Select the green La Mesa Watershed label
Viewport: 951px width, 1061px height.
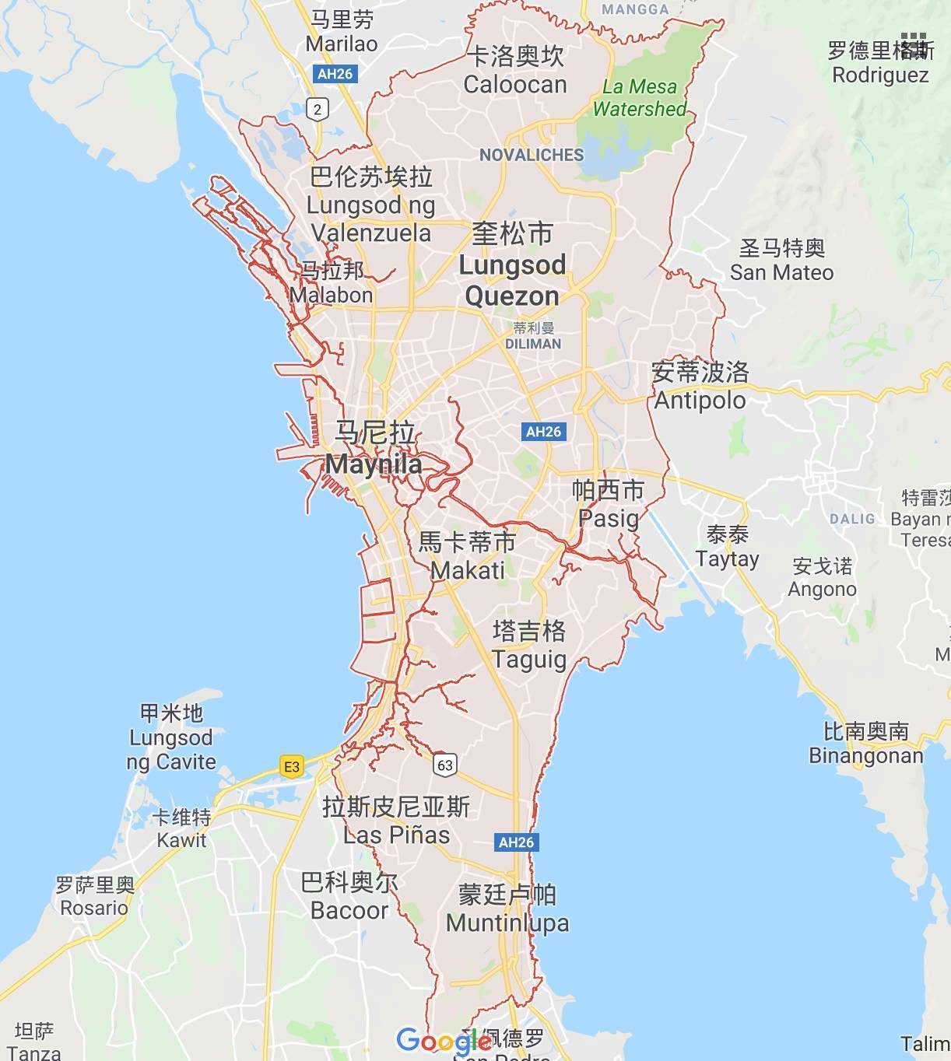click(x=639, y=97)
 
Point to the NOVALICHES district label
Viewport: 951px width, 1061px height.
click(x=532, y=155)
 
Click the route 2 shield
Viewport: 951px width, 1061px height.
click(x=317, y=109)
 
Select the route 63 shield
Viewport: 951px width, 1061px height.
click(x=444, y=765)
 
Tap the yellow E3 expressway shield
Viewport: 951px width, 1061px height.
click(x=292, y=767)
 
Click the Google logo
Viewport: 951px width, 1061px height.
click(x=443, y=1041)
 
